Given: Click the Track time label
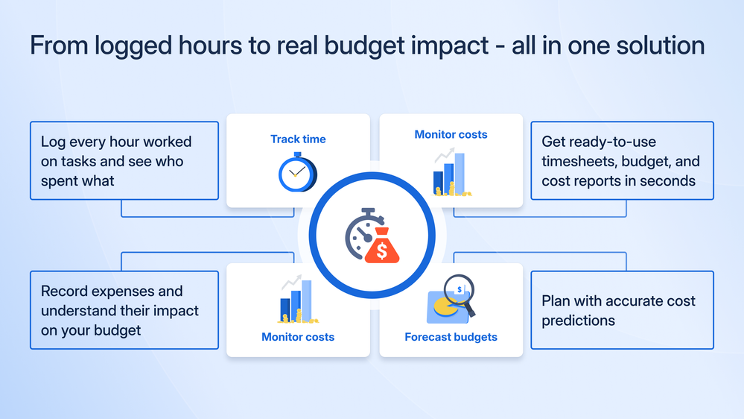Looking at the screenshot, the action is pyautogui.click(x=298, y=139).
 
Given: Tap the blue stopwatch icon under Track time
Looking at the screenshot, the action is pyautogui.click(x=297, y=172).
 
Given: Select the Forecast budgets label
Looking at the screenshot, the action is pyautogui.click(x=451, y=337).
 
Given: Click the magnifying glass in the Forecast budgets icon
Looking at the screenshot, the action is pyautogui.click(x=460, y=294).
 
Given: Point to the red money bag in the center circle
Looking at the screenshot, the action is pyautogui.click(x=382, y=245).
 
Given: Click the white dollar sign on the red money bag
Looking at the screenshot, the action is pyautogui.click(x=382, y=251).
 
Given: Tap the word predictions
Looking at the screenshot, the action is pyautogui.click(x=578, y=321).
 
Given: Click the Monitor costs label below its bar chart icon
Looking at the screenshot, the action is pyautogui.click(x=298, y=337).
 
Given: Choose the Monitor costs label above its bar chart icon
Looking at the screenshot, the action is pyautogui.click(x=451, y=134).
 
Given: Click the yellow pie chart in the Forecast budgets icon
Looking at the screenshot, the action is pyautogui.click(x=445, y=307).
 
